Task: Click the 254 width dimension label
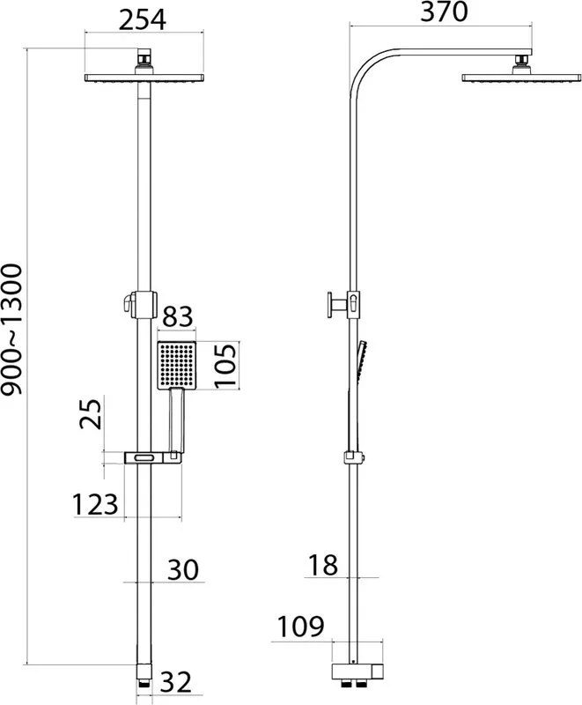[143, 19]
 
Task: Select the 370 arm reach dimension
[444, 12]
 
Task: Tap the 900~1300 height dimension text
[11, 330]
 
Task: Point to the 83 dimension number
[177, 316]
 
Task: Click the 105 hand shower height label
[225, 366]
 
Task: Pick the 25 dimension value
[92, 413]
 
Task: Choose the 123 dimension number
[95, 504]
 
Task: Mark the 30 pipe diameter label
[183, 569]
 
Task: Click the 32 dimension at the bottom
[176, 681]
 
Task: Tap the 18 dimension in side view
[323, 565]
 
